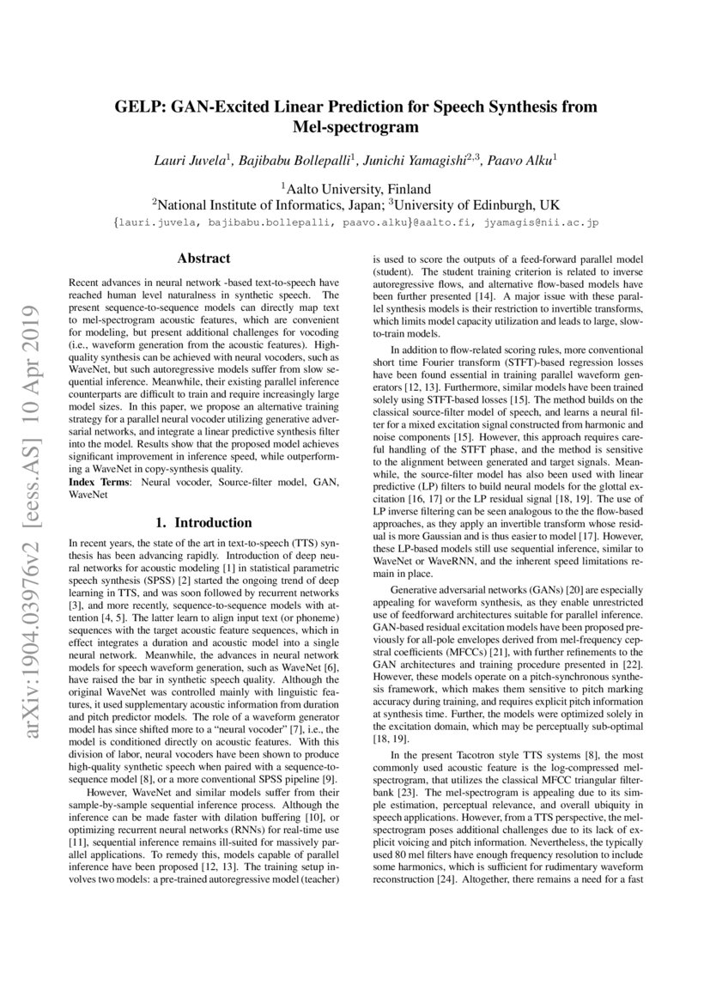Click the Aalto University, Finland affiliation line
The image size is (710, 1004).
[355, 188]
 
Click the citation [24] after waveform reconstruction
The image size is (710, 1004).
[446, 880]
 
